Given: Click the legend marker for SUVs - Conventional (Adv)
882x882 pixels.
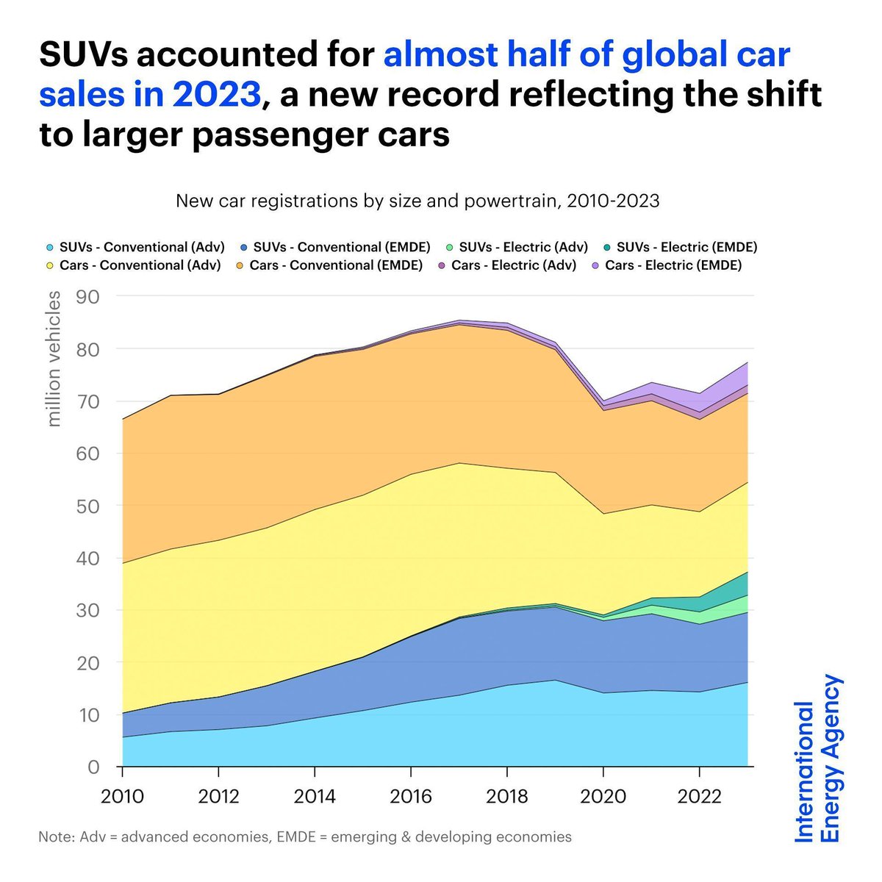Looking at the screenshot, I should point(49,248).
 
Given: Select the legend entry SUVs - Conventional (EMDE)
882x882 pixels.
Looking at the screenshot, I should point(340,248).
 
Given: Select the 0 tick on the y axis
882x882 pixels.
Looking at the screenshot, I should point(93,767).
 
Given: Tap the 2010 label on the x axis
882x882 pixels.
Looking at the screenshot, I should point(122,797).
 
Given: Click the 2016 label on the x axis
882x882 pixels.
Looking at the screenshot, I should point(411,797).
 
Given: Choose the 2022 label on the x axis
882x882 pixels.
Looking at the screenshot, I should point(699,797).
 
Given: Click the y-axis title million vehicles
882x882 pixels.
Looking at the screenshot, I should point(54,359).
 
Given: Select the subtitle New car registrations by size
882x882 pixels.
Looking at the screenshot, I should point(417,201).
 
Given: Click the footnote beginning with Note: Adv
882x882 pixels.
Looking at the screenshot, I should point(304,837).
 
